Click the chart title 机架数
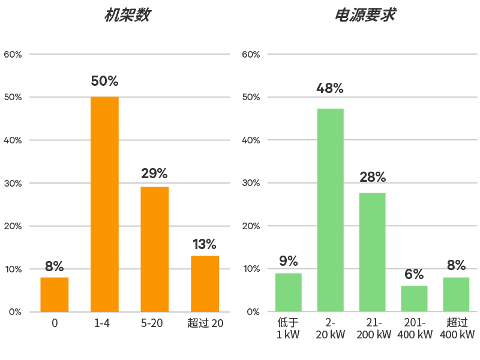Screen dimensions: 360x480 tap(127, 16)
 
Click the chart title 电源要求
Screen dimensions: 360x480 tap(365, 16)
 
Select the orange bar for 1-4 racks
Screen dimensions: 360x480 tap(104, 204)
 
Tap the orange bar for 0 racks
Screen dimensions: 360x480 tap(55, 294)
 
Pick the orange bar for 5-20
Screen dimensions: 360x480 tap(155, 249)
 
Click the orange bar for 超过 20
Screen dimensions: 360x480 tap(205, 283)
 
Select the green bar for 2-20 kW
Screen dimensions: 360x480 tap(330, 210)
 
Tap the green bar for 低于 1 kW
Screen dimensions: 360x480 tap(289, 292)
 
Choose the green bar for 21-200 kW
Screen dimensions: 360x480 tap(373, 252)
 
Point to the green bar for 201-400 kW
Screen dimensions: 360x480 tap(415, 298)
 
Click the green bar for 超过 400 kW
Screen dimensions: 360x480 tap(456, 294)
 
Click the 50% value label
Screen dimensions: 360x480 tap(104, 81)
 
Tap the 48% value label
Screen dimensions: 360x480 tap(330, 88)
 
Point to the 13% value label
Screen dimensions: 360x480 tap(205, 244)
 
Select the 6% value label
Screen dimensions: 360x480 tap(415, 275)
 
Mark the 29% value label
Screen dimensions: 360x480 tap(154, 174)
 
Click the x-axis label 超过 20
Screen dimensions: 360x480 tap(205, 323)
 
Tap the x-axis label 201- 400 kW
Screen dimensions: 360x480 tap(415, 328)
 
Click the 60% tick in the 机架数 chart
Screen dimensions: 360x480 tap(13, 55)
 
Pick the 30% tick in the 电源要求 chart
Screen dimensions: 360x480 tap(251, 183)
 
